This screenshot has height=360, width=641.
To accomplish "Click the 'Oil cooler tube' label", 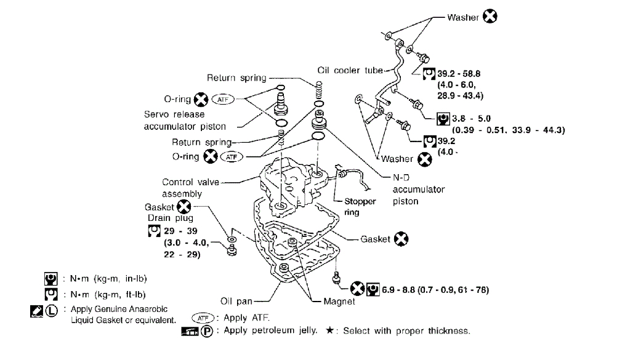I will [x=350, y=71].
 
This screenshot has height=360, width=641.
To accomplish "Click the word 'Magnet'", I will [x=339, y=302].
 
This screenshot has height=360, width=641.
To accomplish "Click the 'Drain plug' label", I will [x=171, y=218].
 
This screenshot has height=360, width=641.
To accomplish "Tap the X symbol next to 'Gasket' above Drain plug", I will [x=184, y=207].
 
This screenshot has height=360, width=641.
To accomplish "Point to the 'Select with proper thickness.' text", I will [x=406, y=331].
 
